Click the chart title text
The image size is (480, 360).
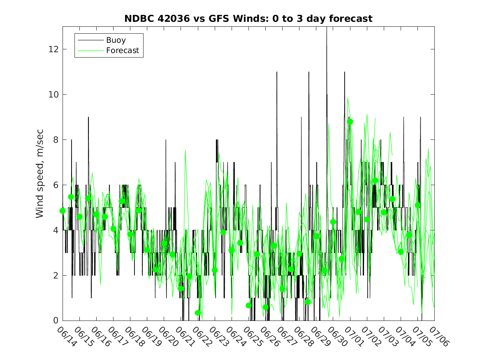pos(248,19)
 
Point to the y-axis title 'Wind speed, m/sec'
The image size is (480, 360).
pos(39,174)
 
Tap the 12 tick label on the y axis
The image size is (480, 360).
pos(53,49)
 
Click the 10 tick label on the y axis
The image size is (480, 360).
pos(53,94)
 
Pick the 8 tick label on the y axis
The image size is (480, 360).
pos(56,139)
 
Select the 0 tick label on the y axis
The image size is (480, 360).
pos(56,321)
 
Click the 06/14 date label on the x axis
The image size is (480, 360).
pos(67,336)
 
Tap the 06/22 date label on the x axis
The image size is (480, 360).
pos(202,336)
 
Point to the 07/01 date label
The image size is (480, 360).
pos(355,336)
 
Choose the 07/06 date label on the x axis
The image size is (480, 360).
pos(439,336)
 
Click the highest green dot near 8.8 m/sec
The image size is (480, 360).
pos(350,122)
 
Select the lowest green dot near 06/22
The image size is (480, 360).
pos(198,313)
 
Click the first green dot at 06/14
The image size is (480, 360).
pos(63,211)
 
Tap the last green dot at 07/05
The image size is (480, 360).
pos(417,205)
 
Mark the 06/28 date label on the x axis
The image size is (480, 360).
pos(304,336)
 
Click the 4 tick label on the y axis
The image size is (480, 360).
pos(56,230)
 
